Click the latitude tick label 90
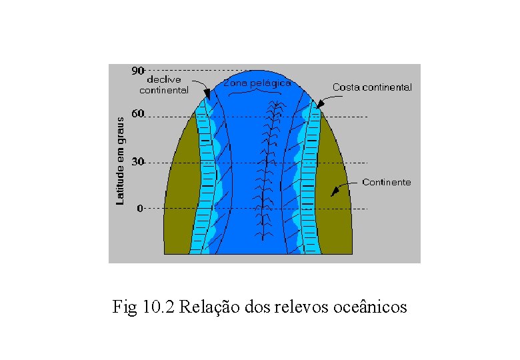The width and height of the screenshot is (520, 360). [138, 69]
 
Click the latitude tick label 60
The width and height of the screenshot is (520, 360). [137, 114]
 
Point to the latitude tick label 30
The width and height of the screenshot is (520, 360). [137, 161]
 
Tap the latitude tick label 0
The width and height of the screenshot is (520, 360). [140, 208]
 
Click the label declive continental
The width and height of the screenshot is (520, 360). [164, 85]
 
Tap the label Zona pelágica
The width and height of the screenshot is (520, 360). [257, 83]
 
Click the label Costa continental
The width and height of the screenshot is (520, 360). [372, 87]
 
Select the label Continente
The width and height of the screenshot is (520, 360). [387, 182]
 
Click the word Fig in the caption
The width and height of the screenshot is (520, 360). [125, 307]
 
